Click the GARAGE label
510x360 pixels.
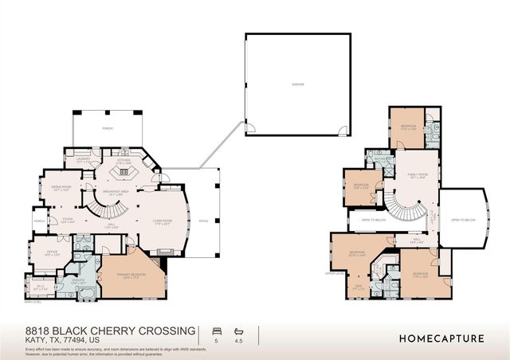pyautogui.click(x=297, y=84)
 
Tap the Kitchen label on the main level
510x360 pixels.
pyautogui.click(x=124, y=162)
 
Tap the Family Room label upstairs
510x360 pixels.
pyautogui.click(x=418, y=175)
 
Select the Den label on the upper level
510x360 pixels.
pyautogui.click(x=359, y=288)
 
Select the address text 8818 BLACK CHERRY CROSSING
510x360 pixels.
pyautogui.click(x=100, y=330)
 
